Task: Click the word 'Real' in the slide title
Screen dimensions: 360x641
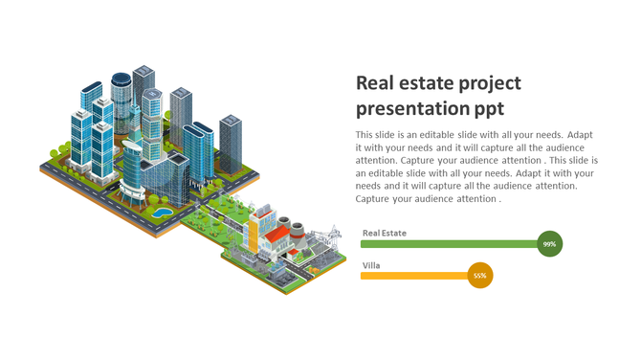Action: coord(375,83)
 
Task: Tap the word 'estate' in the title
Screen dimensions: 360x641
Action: coord(429,83)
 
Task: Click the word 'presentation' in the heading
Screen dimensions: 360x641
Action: coord(411,108)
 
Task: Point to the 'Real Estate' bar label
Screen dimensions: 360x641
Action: coord(384,233)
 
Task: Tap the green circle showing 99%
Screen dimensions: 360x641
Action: coord(549,244)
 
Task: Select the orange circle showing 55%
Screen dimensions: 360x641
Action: coord(480,276)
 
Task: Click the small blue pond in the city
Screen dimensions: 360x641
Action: coord(164,211)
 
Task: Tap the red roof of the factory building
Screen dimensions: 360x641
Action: coord(277,234)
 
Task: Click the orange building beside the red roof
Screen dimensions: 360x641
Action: coord(255,229)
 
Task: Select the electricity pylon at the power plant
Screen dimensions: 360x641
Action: coord(334,235)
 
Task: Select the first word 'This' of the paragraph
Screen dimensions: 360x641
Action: coord(365,135)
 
